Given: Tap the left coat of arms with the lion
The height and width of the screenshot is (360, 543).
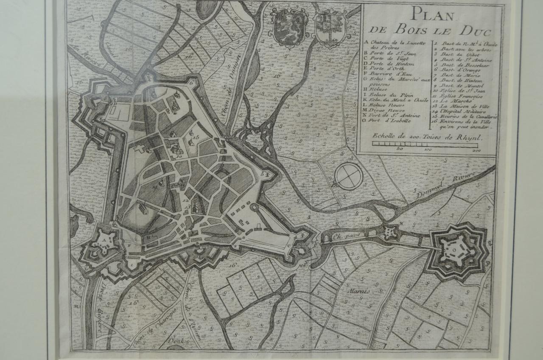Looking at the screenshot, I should [x=288, y=29].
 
